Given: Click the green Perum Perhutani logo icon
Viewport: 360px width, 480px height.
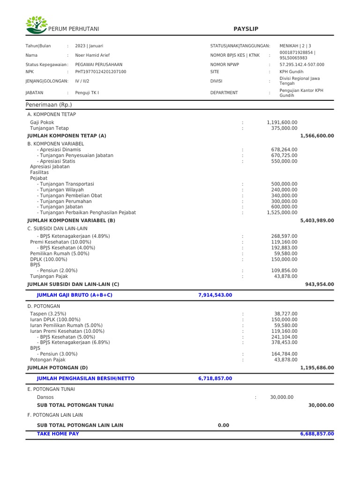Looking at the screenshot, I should click(36, 25).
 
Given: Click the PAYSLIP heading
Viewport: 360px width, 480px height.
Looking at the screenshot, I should click(246, 29).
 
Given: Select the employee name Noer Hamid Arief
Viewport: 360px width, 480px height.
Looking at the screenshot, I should click(93, 55).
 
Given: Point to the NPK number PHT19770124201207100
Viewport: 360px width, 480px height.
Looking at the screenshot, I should click(100, 72).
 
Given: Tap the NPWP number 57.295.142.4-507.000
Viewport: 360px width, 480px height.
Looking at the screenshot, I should click(301, 65).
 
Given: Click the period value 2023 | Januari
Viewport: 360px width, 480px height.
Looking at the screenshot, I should click(89, 46).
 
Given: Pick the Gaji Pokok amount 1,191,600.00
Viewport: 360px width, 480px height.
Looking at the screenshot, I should click(282, 122).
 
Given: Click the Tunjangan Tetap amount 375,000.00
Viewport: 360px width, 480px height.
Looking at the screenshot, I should click(284, 128).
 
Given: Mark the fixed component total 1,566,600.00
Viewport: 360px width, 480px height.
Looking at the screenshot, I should click(317, 135).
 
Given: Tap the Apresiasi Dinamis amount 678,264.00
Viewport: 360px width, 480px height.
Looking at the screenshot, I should click(284, 150).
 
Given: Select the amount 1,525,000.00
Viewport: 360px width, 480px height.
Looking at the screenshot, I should click(282, 212).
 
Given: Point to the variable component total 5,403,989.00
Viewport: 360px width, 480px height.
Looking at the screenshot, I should click(317, 220).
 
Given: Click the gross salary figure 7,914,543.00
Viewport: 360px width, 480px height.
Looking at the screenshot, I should click(215, 295).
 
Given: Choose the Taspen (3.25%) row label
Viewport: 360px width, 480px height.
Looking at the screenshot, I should click(48, 314).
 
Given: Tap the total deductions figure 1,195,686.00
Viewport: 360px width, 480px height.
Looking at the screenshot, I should click(317, 367).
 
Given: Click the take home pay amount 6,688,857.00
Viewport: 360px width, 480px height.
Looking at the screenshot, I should click(317, 434).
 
